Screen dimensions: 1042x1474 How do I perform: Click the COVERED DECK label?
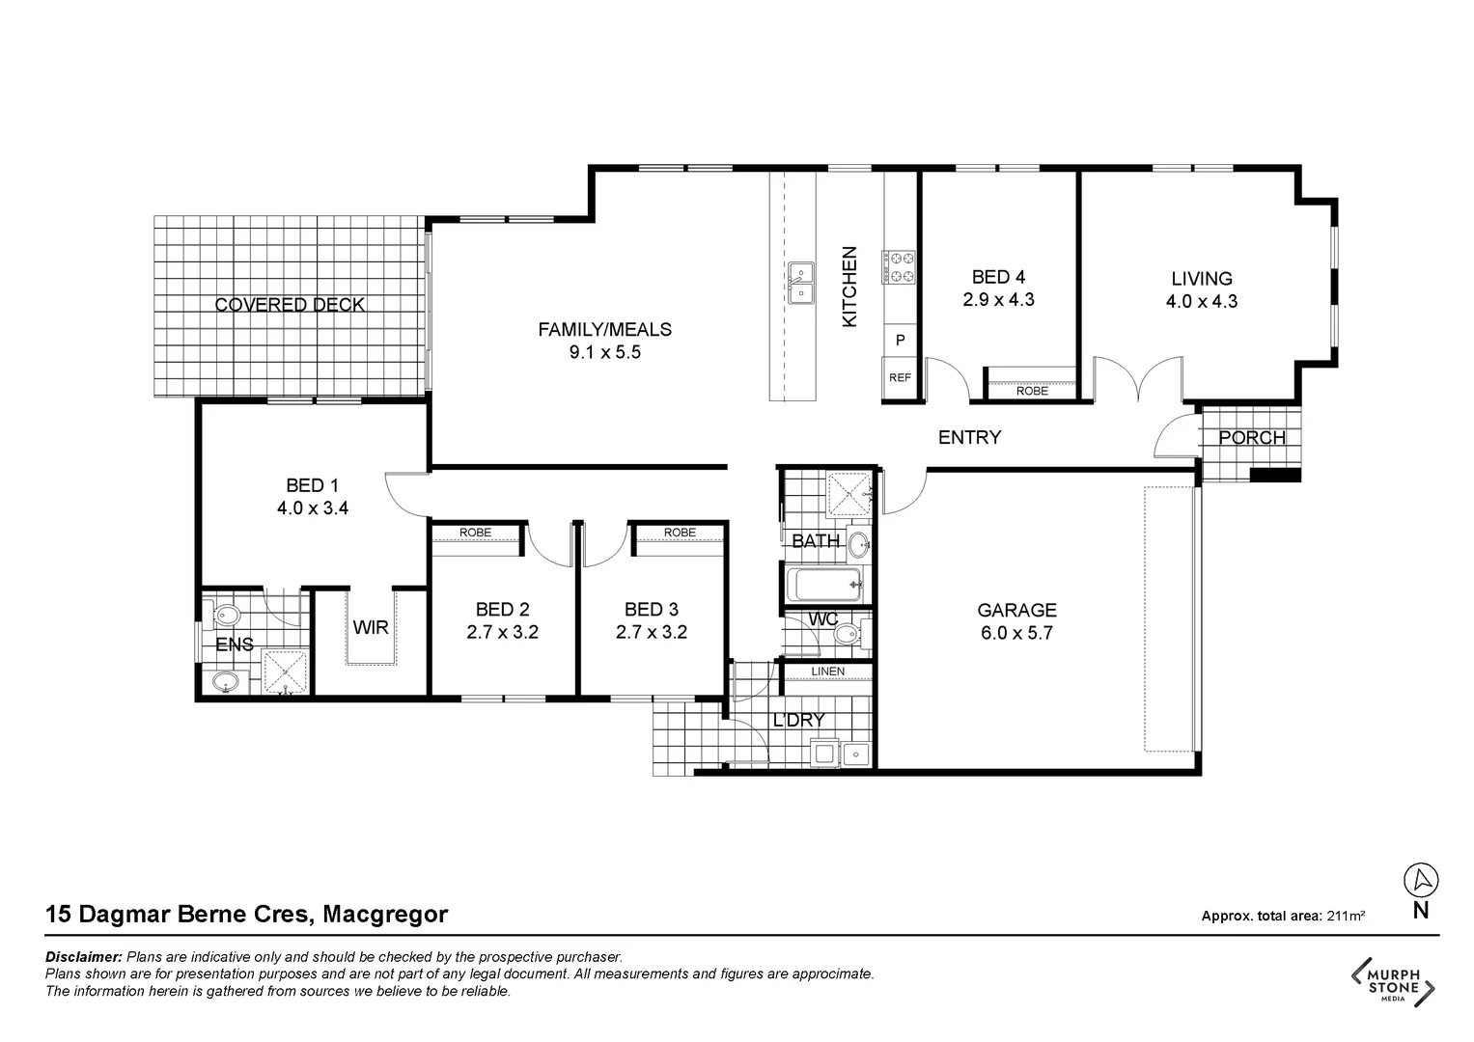(290, 305)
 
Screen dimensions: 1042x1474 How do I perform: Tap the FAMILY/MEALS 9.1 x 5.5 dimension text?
(604, 353)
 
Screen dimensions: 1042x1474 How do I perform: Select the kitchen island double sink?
(800, 283)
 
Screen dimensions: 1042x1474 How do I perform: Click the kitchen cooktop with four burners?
(898, 267)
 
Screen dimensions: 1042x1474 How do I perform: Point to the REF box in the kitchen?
(900, 377)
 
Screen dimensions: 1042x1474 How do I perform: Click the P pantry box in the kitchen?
(900, 341)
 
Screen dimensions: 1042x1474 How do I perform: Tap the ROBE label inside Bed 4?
(1032, 391)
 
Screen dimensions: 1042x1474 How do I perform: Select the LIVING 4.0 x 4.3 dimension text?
(1202, 301)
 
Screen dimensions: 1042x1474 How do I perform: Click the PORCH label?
(1251, 438)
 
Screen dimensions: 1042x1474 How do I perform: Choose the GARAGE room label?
(1016, 610)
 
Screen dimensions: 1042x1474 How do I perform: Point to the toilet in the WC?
(847, 635)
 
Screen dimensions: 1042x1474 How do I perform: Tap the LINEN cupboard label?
(827, 672)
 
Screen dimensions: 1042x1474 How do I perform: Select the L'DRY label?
(798, 720)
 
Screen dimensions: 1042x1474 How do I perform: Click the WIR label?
(370, 628)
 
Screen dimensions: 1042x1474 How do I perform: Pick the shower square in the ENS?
(285, 672)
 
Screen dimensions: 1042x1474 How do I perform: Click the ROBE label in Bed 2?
(475, 533)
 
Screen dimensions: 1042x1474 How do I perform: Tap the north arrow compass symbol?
(1420, 880)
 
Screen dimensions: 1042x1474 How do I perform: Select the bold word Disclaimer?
(84, 957)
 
